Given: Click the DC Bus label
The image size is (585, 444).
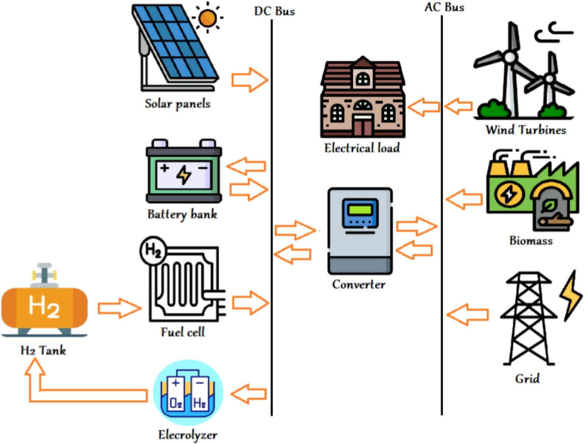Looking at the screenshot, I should pos(274,11).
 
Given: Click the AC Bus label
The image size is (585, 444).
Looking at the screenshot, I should pos(444,7).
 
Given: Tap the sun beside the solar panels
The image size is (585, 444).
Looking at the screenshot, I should pos(207,18).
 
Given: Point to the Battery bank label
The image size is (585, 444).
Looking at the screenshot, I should pos(182,214).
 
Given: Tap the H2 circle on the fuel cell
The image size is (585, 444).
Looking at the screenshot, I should pos(153,251).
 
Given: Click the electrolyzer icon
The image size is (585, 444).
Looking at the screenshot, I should pos(188,393).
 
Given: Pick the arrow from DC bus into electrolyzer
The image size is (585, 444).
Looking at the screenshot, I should pos(249,394).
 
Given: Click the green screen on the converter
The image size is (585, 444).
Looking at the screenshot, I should pos(360,210).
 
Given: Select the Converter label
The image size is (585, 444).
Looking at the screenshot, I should pos(359,284).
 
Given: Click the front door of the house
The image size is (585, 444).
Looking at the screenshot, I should pos(363,126).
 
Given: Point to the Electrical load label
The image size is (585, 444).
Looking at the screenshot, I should pos(362,148).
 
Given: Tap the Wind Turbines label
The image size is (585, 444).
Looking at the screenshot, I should pos(525,130).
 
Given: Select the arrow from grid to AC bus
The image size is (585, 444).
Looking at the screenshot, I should pos(467,315).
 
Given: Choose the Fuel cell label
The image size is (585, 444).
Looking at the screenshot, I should pos(183,332).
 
